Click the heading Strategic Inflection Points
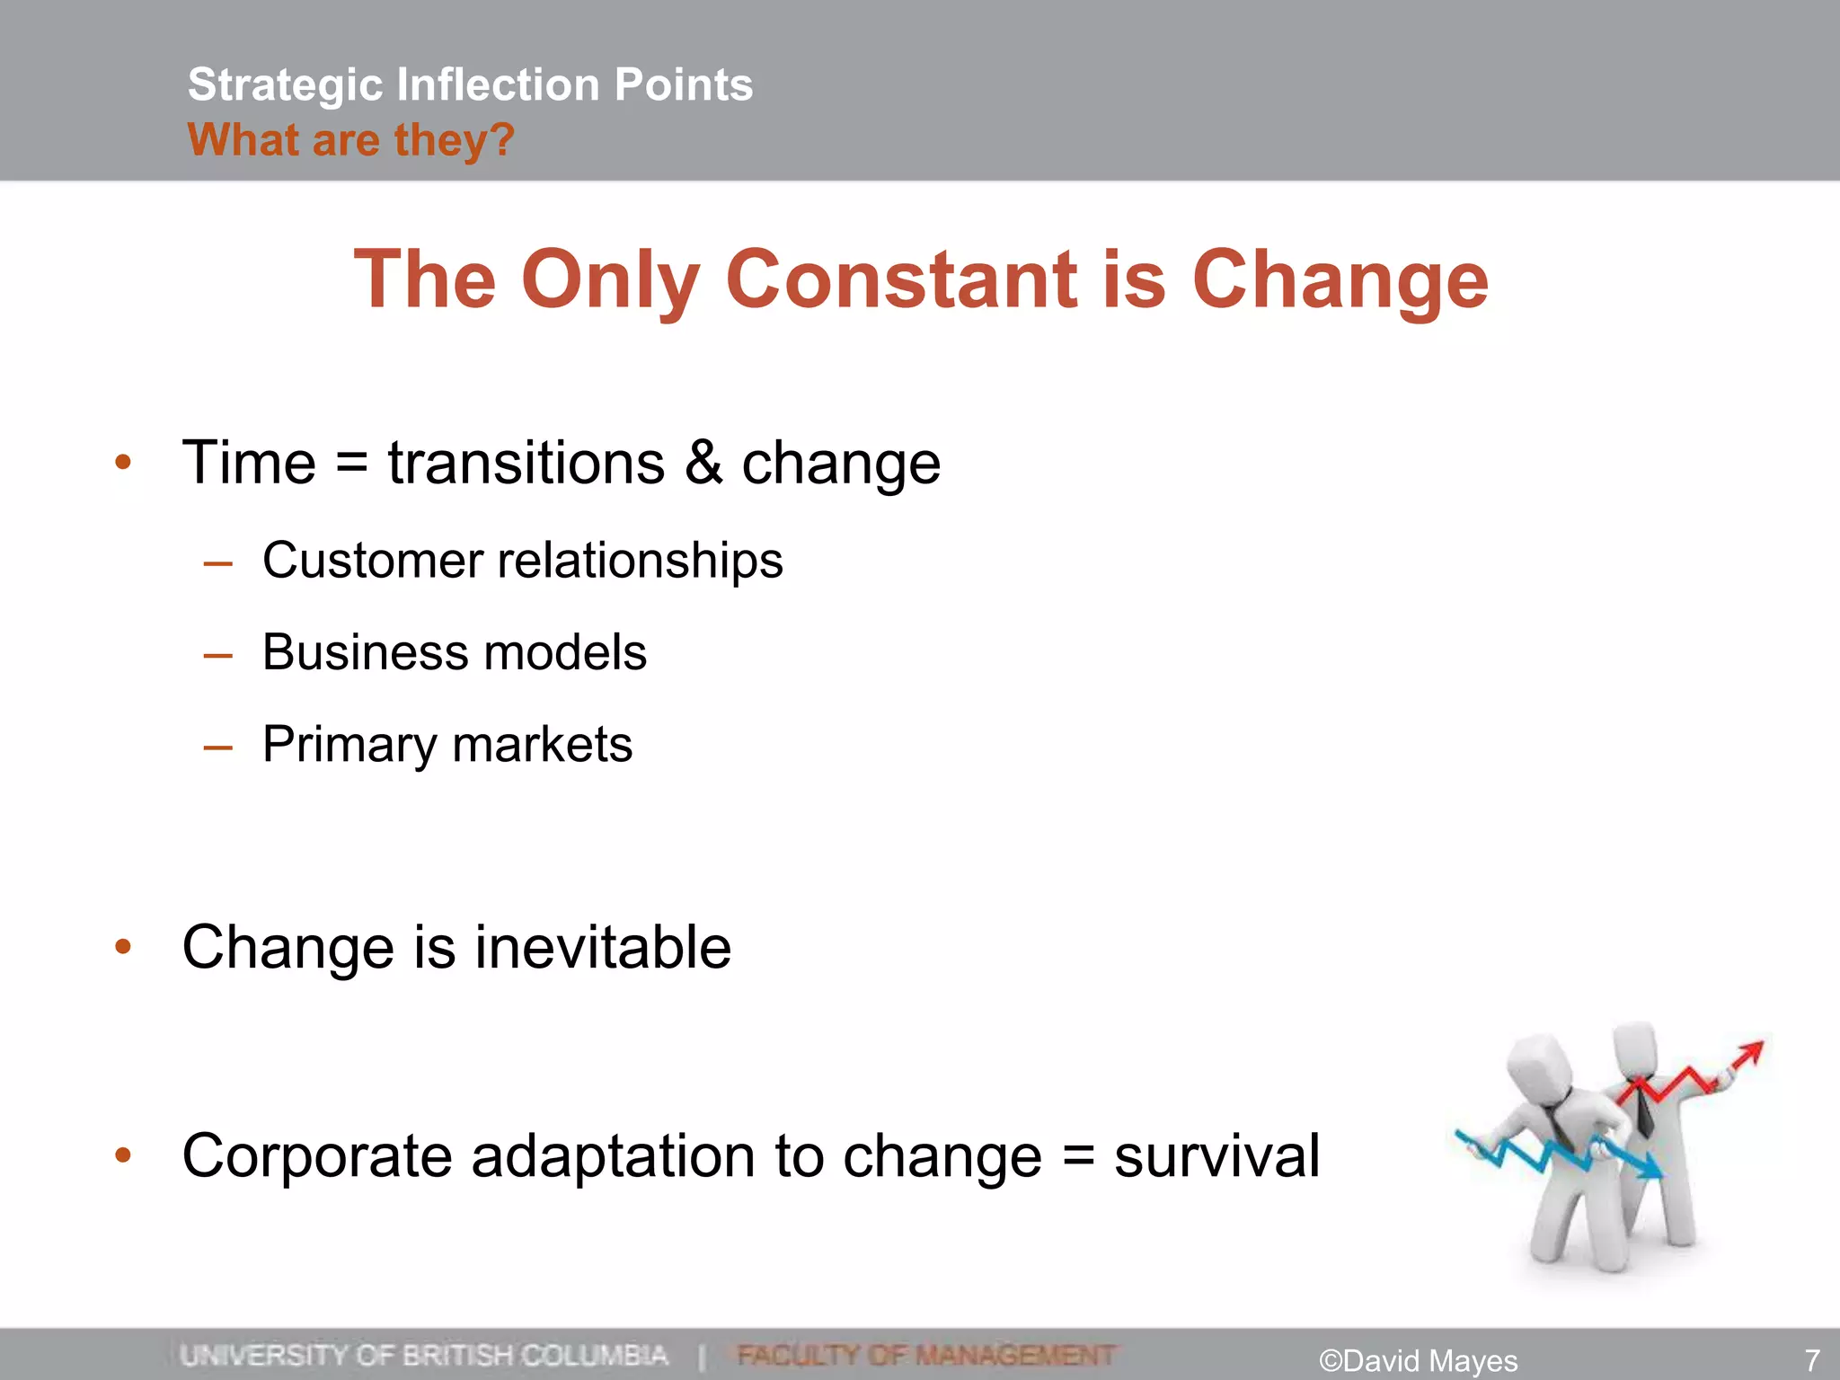pos(470,85)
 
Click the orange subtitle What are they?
pos(350,140)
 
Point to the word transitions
pos(526,463)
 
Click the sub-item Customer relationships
pos(522,561)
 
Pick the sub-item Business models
pos(454,652)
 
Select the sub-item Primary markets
pos(447,745)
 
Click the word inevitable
pos(602,948)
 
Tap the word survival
pos(1216,1155)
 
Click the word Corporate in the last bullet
pos(316,1155)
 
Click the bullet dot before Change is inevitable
pos(123,947)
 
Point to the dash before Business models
pos(217,656)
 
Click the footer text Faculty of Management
pos(925,1355)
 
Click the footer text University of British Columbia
pos(423,1355)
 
